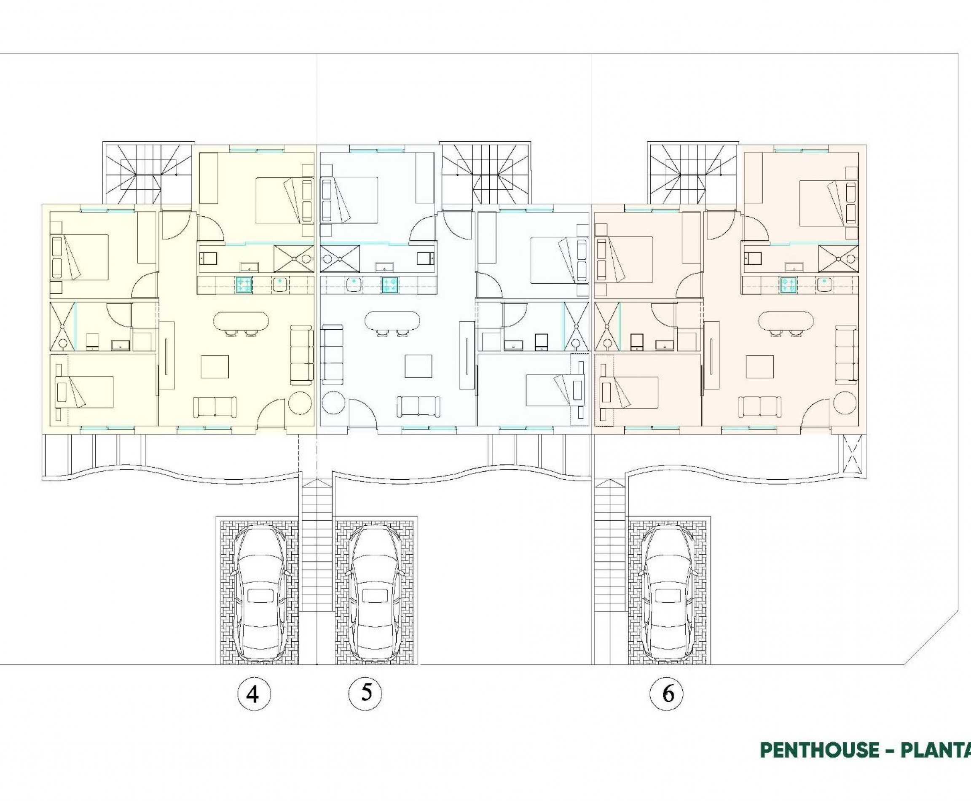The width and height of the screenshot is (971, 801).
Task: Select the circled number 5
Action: [366, 693]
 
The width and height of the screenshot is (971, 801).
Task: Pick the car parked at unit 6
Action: [668, 595]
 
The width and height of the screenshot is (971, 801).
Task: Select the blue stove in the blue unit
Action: [389, 285]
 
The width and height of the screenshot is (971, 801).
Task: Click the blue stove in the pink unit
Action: [787, 285]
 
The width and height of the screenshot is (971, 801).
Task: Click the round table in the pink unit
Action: [845, 403]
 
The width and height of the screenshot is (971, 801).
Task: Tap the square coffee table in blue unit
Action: [418, 366]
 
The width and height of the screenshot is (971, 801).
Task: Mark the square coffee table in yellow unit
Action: [215, 366]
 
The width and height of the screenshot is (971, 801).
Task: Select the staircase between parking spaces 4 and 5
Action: [317, 544]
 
